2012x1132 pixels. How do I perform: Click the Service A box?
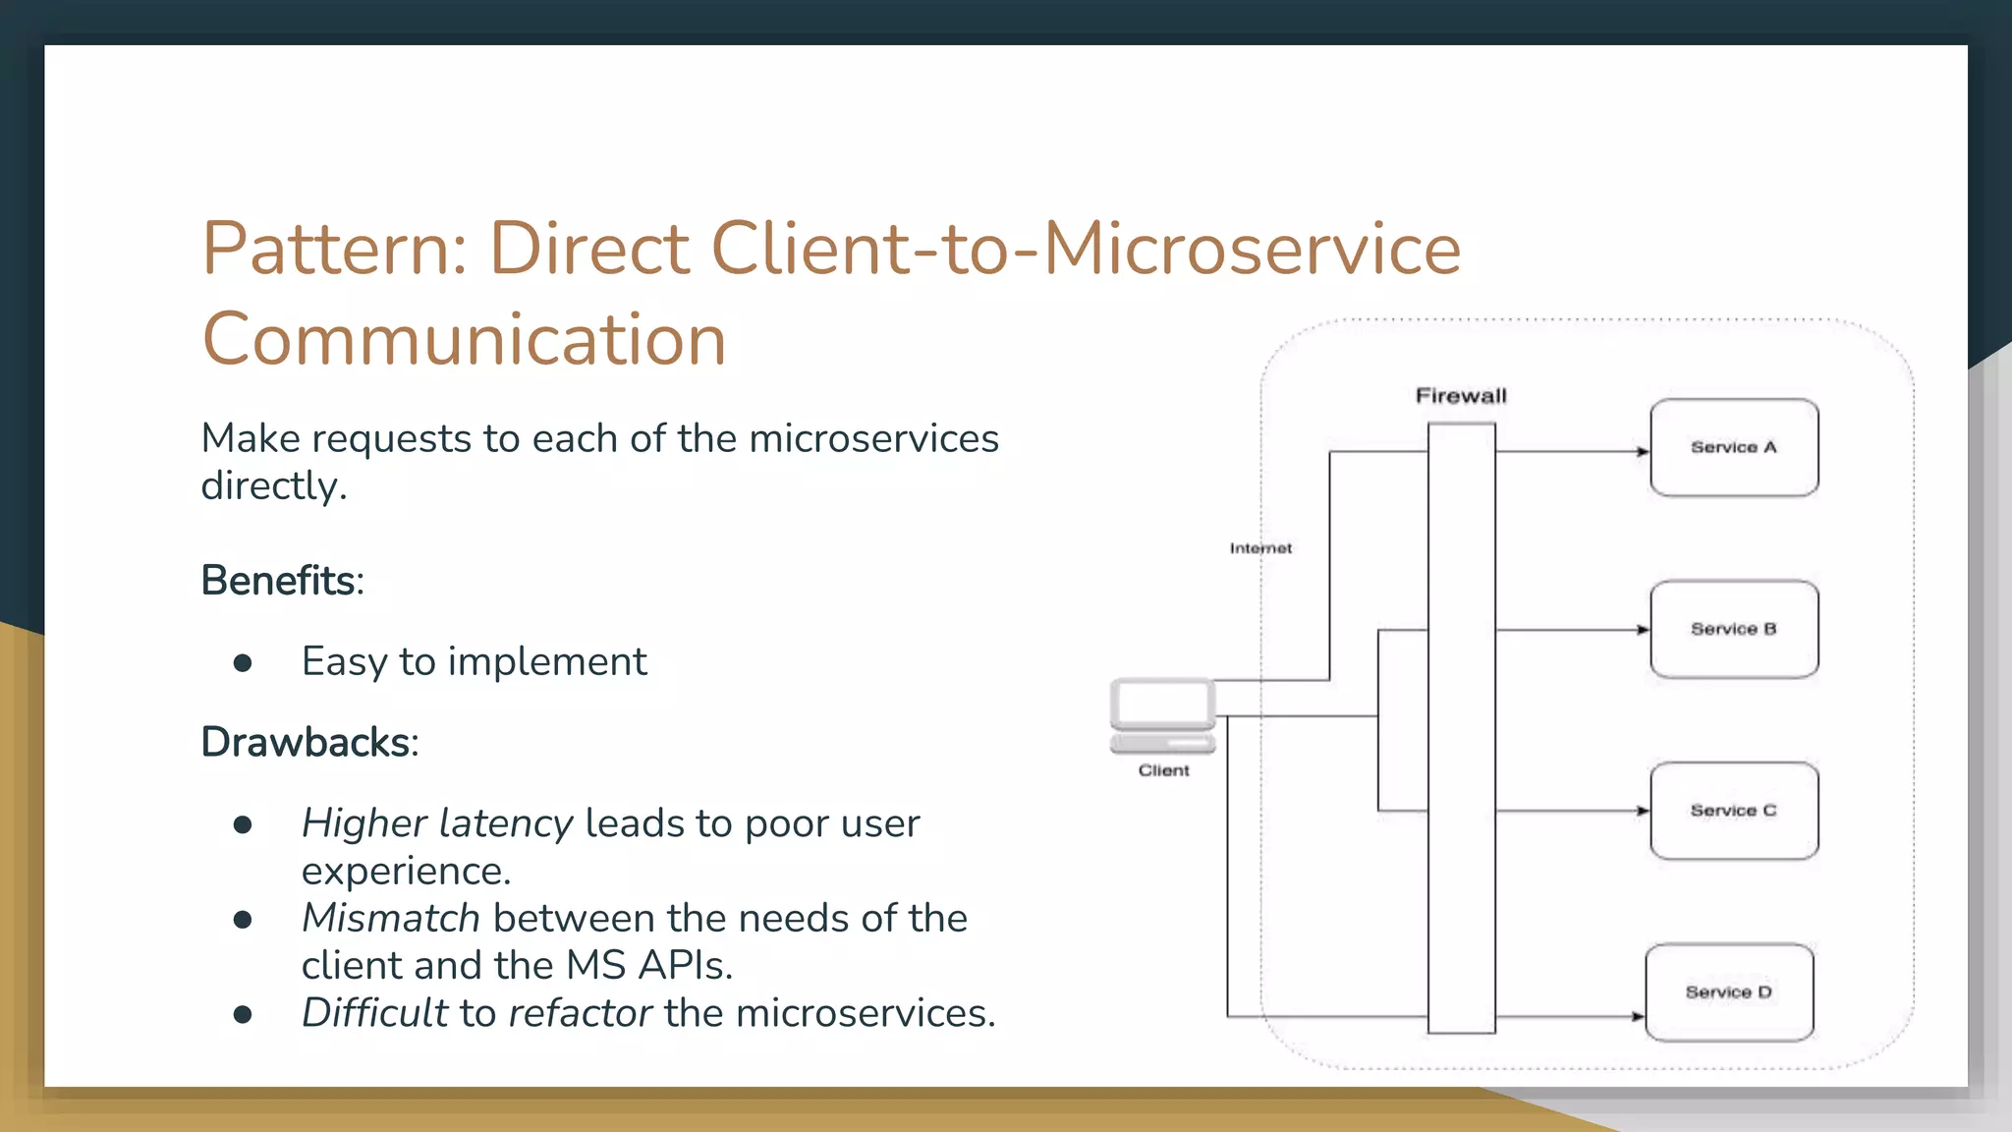[1734, 447]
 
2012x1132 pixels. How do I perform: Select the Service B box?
[1734, 629]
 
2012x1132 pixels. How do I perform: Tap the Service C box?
[1734, 811]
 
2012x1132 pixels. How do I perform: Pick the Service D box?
[1729, 992]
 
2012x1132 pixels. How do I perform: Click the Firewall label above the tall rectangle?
[1461, 396]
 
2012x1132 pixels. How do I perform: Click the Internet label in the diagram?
[1260, 548]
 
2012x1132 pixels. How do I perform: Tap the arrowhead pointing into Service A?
[1643, 452]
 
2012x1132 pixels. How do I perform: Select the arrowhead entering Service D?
[1638, 1016]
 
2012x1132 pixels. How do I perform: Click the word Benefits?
[279, 581]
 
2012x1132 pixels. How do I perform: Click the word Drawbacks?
[306, 743]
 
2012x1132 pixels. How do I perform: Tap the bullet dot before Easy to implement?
[243, 663]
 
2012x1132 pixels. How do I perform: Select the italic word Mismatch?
[390, 918]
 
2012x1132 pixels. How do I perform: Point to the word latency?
[505, 823]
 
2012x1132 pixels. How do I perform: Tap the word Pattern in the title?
[324, 249]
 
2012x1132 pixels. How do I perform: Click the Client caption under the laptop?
[1163, 770]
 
